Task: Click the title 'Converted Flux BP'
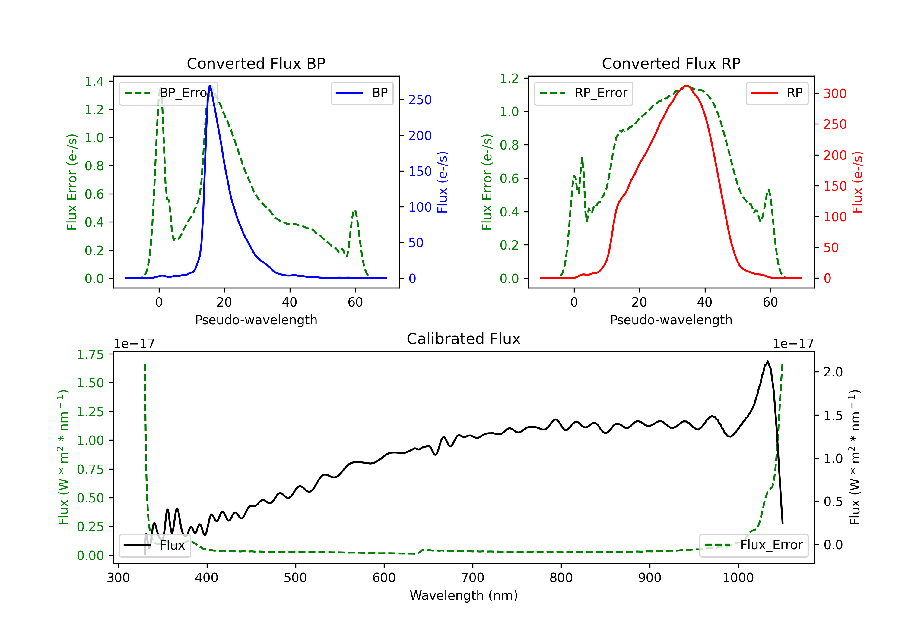(256, 63)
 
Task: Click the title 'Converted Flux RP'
(671, 63)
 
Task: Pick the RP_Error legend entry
(583, 93)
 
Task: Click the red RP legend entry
(777, 93)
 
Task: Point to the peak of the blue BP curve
(210, 86)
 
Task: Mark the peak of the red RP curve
(686, 86)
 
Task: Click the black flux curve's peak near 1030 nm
(767, 361)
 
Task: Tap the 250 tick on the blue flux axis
(420, 100)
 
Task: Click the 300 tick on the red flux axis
(835, 94)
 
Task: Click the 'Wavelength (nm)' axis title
(464, 595)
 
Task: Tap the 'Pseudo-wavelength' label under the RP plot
(671, 320)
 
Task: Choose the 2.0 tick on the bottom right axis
(833, 372)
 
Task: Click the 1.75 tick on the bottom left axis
(90, 354)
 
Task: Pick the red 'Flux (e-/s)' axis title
(857, 182)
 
